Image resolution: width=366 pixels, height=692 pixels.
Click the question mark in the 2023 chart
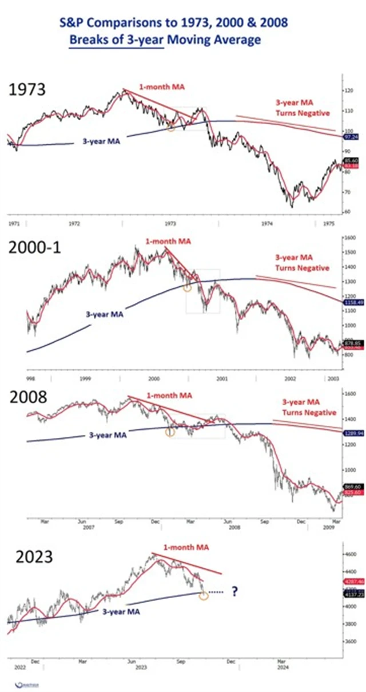[x=234, y=592]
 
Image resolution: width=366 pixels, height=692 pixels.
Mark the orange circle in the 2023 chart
[x=204, y=596]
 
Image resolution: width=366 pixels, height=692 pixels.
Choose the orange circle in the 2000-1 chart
[x=186, y=287]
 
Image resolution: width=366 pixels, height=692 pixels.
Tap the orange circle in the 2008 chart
[x=170, y=432]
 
